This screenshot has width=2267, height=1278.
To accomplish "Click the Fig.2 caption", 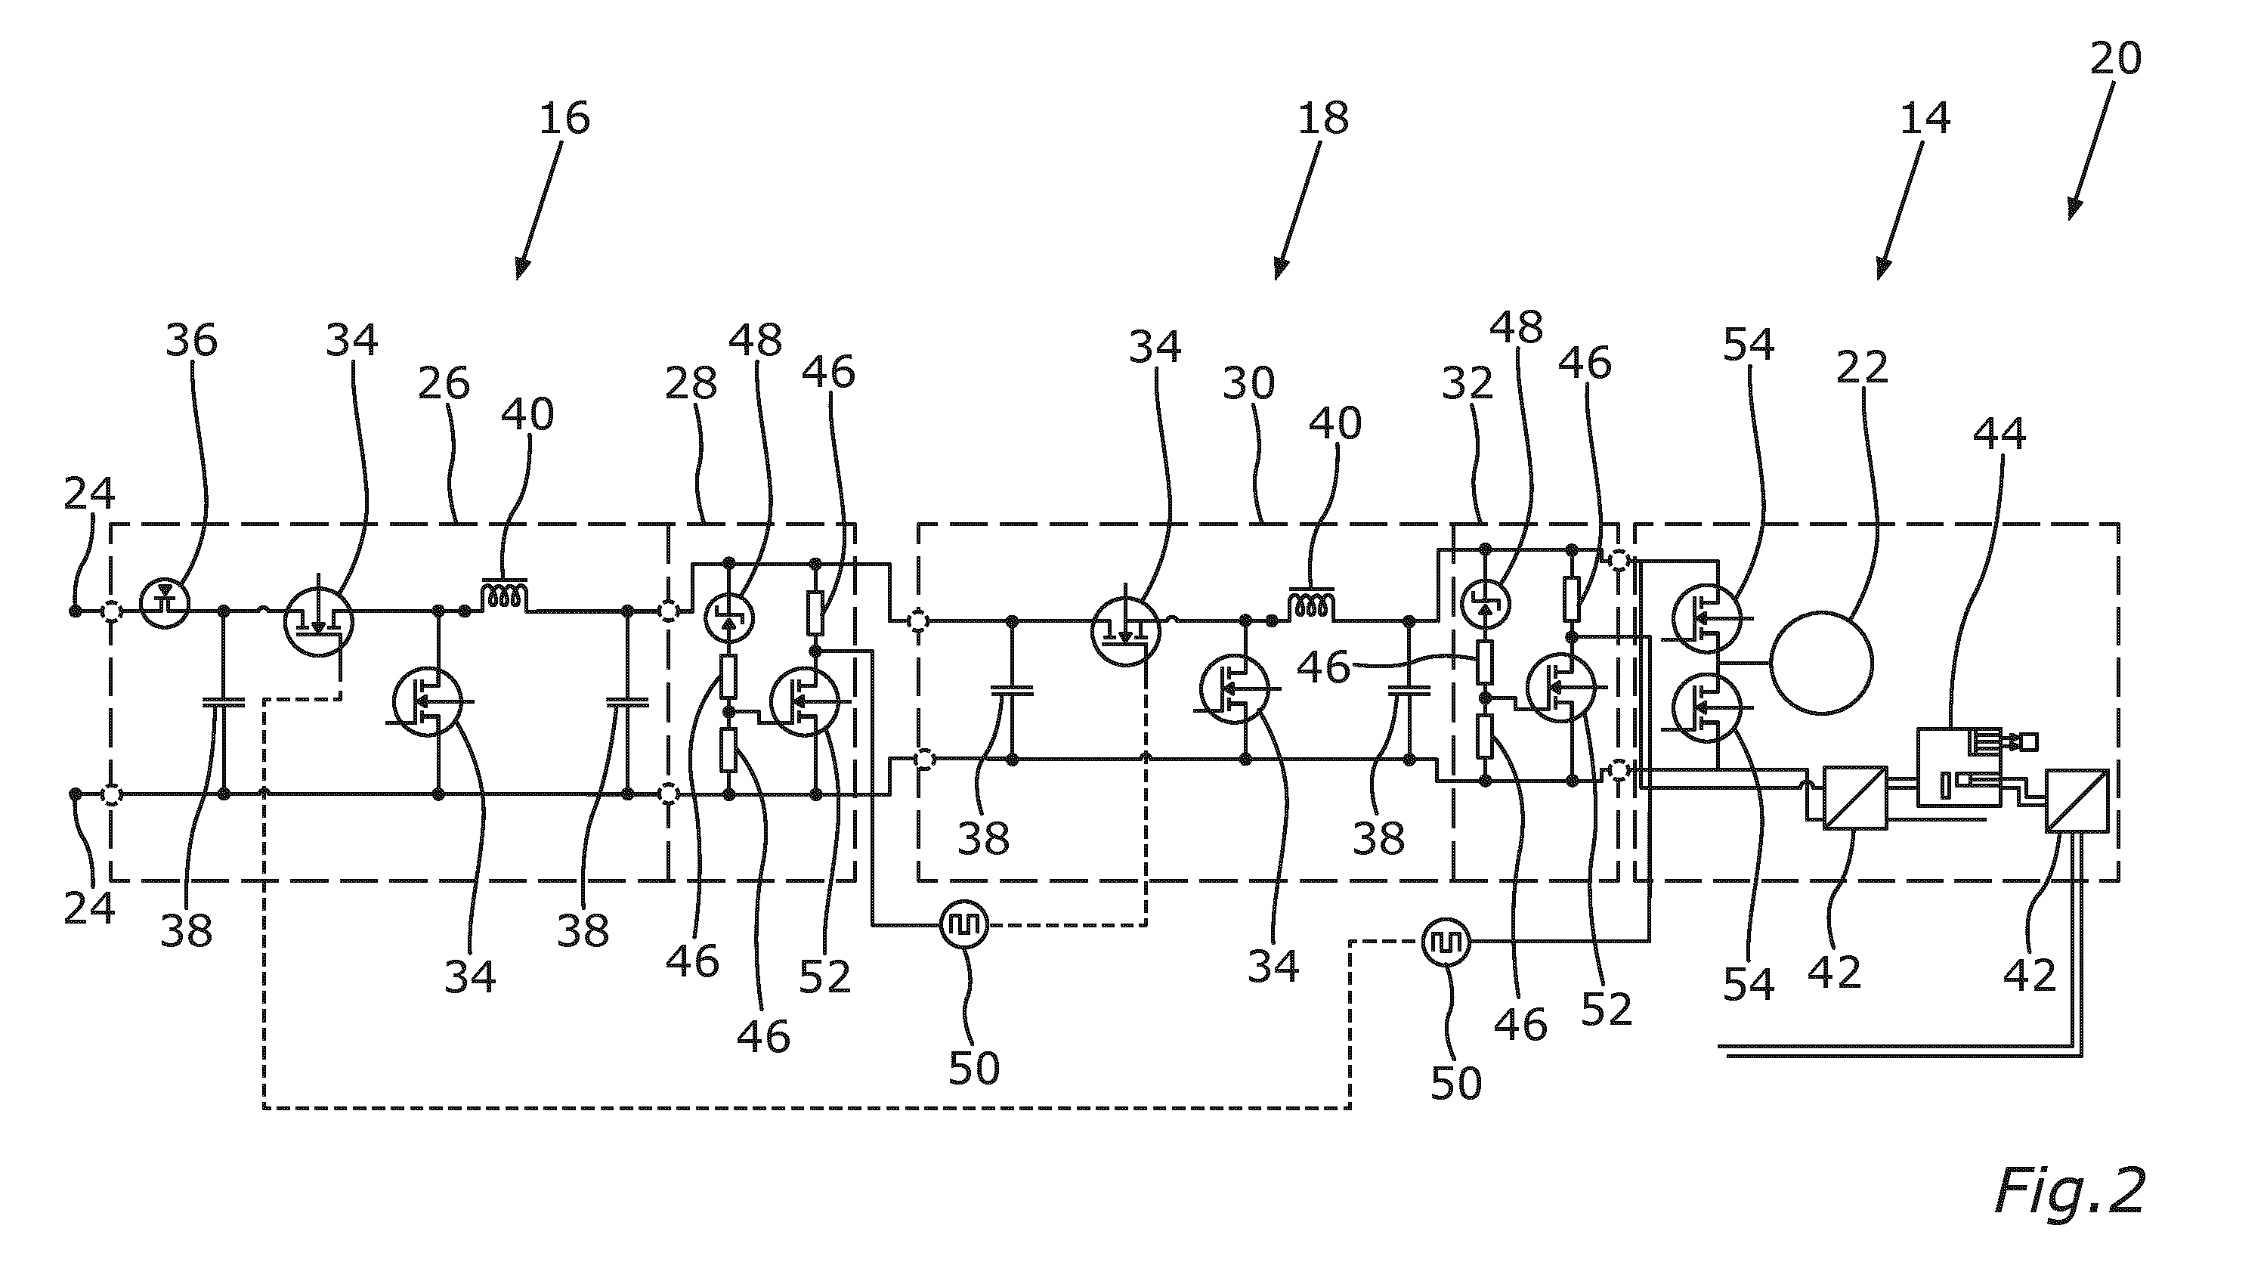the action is (2069, 1193).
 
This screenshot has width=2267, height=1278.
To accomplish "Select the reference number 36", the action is (191, 340).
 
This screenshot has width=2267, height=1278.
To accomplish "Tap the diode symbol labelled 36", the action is (165, 603).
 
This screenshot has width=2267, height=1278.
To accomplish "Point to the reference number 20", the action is (2115, 58).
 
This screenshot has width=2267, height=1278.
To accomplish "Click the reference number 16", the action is (564, 118).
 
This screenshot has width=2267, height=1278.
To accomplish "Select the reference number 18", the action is (1322, 118).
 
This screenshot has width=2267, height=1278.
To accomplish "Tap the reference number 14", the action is (1925, 118).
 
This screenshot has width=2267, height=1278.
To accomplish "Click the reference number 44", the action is (1999, 434).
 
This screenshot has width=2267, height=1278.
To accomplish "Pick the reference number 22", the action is (1862, 367).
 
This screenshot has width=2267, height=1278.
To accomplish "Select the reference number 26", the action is (444, 384).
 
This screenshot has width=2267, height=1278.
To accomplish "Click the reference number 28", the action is (691, 384).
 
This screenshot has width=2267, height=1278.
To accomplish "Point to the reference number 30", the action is (1249, 384).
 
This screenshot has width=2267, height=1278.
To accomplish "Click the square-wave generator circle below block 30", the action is (963, 924).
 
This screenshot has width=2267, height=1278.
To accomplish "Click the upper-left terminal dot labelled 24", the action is (75, 610).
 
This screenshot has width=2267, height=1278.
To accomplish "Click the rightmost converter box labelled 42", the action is (2077, 800).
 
